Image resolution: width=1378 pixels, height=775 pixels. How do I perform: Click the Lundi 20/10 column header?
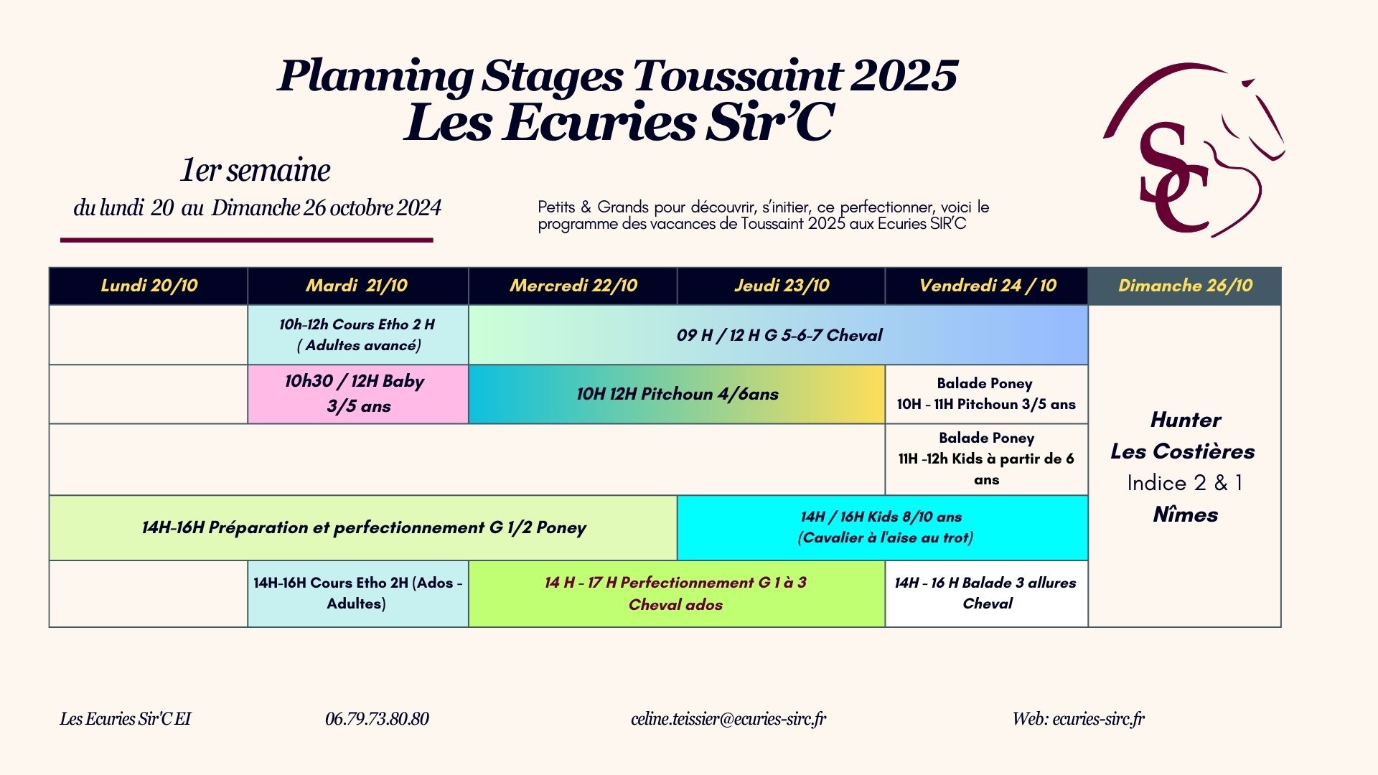coord(149,286)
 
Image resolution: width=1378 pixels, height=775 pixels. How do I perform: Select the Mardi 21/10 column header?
coord(357,286)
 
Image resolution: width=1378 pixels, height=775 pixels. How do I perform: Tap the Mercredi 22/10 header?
coord(573,286)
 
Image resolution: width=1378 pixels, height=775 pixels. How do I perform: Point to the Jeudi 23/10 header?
coord(781,286)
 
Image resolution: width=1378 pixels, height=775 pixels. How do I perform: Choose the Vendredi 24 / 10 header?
coord(987,286)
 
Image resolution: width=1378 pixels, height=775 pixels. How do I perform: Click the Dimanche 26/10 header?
coord(1185,286)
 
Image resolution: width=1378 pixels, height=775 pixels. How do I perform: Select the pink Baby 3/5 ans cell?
coord(358,394)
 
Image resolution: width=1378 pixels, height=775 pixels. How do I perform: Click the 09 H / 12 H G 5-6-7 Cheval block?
coord(779,335)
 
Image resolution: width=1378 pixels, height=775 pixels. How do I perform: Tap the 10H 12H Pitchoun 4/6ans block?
coord(677,394)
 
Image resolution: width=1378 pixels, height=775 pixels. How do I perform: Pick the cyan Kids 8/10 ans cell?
coord(883,527)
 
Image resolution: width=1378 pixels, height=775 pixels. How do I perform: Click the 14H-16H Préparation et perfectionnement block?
coord(363,527)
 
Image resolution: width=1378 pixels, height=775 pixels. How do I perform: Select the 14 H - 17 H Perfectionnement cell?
coord(677,593)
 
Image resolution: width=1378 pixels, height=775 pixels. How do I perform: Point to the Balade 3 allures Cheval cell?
coord(987,593)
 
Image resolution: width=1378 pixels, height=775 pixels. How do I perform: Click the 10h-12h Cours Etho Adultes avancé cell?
coord(358,335)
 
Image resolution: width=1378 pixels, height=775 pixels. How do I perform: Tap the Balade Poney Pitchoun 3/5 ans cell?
coord(987,394)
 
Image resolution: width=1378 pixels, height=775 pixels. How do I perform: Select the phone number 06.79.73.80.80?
coord(377,718)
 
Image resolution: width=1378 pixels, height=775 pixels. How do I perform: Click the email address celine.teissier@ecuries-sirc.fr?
coord(728,718)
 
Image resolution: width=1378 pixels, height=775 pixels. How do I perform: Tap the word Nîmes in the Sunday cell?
coord(1185,515)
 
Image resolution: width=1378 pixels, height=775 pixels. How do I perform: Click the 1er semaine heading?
coord(255,170)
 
